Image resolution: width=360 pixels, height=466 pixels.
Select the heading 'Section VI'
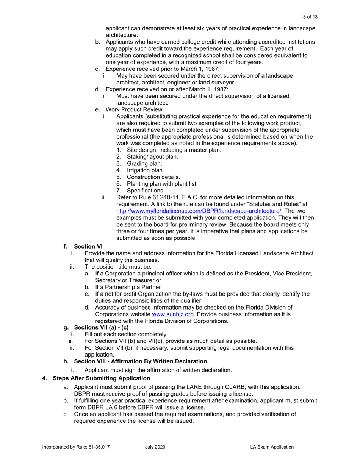click(88, 246)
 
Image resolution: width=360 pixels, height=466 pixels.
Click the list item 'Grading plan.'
click(144, 163)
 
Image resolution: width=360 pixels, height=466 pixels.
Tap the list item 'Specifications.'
click(146, 190)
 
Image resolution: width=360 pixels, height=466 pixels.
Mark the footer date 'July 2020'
click(155, 447)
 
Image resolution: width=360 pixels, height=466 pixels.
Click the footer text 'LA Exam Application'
click(272, 447)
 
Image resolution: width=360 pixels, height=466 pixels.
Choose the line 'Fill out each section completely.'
click(126, 334)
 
